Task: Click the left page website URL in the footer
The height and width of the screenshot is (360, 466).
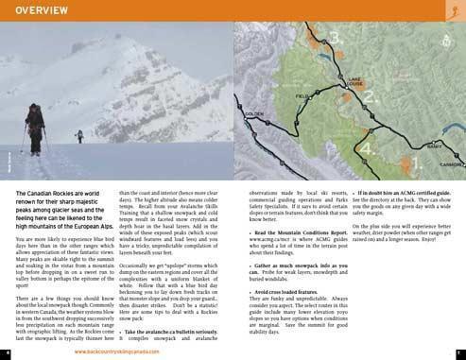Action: click(116, 350)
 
